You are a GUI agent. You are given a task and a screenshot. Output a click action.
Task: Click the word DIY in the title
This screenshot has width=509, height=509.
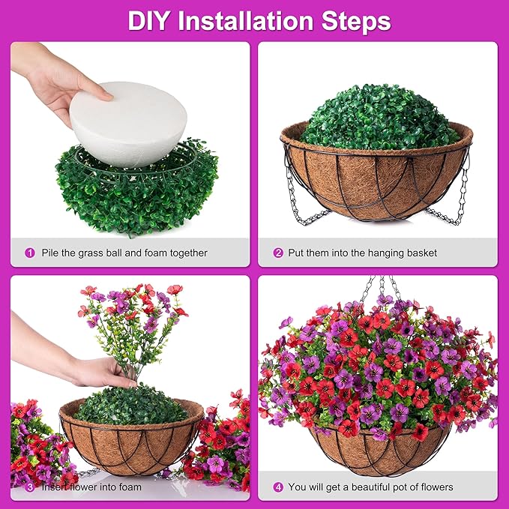click(x=151, y=20)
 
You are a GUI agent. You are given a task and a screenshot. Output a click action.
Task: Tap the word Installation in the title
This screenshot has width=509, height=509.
click(x=251, y=20)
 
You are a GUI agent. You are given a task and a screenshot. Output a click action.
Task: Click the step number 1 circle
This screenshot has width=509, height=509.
click(x=30, y=253)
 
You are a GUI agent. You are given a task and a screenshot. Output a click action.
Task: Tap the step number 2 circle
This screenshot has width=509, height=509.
click(x=278, y=253)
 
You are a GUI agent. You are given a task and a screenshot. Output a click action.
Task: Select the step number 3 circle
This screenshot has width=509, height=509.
click(x=30, y=487)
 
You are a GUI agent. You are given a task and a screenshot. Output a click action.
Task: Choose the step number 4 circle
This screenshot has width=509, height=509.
click(x=278, y=487)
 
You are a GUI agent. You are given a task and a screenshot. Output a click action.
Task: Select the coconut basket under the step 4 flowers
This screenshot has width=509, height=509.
click(x=379, y=454)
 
